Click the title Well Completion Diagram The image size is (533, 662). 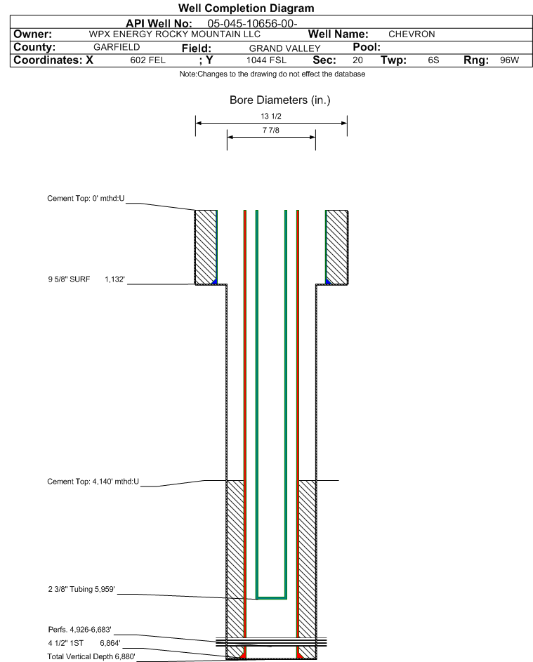point(246,8)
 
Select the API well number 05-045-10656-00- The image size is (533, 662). point(252,24)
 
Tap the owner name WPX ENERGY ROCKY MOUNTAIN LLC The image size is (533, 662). point(174,34)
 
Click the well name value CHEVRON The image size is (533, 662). point(412,34)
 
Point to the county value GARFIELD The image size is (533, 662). point(117,47)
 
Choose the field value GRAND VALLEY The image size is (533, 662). point(284,48)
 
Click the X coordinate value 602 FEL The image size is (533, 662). point(147,60)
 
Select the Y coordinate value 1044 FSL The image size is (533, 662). point(267,60)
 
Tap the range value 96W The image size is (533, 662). point(509,60)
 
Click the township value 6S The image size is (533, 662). point(433,60)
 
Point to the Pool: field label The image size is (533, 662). point(367,47)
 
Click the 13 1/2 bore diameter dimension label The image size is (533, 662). point(271,116)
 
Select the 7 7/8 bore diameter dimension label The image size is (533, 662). point(271,130)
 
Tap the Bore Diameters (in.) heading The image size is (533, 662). point(280,100)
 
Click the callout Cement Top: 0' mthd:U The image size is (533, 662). point(86,199)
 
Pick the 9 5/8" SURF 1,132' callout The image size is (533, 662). point(86,279)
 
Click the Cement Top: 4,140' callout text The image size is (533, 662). point(93,482)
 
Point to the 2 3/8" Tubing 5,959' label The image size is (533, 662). point(81,590)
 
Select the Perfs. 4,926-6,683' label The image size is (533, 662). point(80,630)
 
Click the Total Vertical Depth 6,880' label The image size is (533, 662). point(91,656)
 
